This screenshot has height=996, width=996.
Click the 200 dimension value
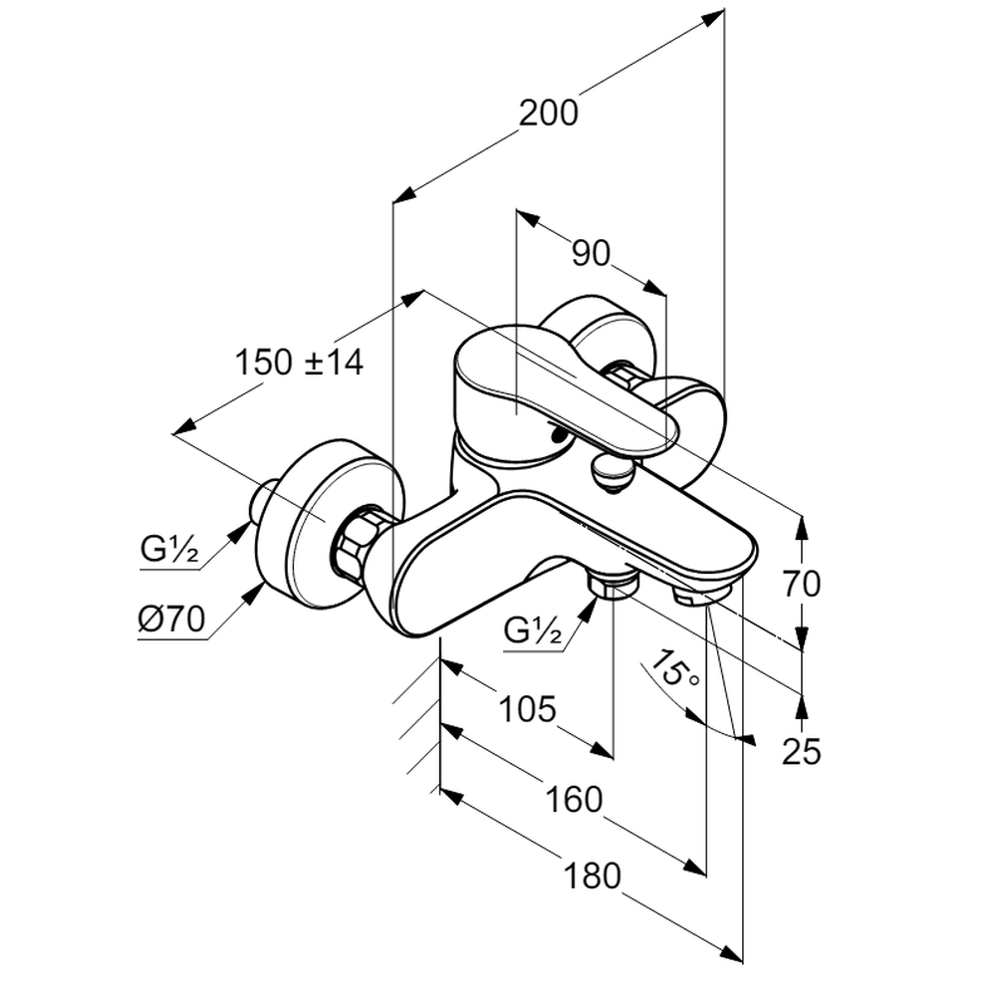[x=548, y=114]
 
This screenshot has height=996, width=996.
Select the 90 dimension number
[x=591, y=255]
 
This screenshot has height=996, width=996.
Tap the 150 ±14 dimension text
[x=300, y=362]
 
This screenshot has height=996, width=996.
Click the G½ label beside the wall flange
[x=170, y=548]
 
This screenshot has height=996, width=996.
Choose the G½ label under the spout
[x=533, y=630]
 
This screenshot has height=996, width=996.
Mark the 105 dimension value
[x=526, y=710]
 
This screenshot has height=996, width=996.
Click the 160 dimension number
[x=574, y=799]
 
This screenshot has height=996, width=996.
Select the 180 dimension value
[x=592, y=876]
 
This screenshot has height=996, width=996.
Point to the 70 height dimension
[x=801, y=584]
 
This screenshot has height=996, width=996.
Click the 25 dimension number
[x=801, y=752]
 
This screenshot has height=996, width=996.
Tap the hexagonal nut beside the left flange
[x=358, y=543]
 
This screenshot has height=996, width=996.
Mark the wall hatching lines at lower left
[x=418, y=727]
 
